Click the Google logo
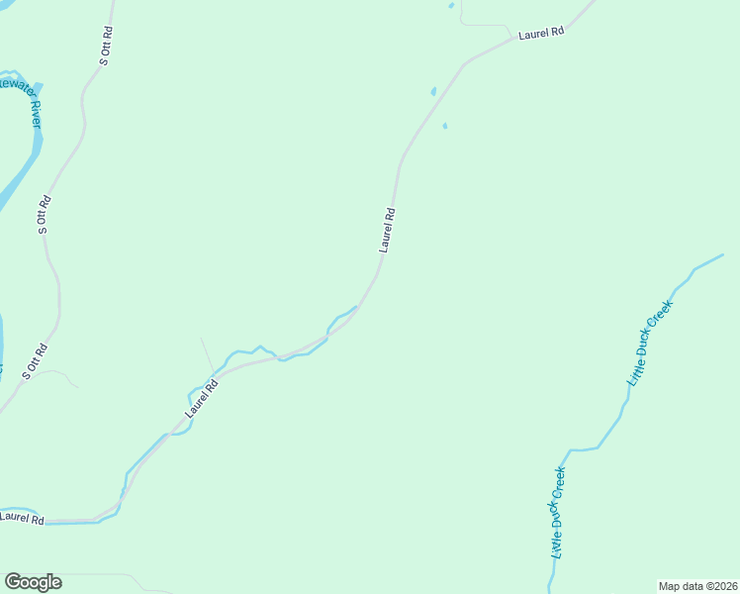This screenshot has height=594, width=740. click(33, 582)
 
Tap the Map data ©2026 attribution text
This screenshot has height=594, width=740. click(697, 586)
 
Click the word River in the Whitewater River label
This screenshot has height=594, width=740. click(36, 114)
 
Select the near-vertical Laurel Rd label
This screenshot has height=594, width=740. click(388, 230)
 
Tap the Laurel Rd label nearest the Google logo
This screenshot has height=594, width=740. click(22, 517)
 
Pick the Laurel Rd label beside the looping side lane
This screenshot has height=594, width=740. click(541, 33)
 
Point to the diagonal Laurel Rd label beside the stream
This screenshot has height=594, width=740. click(199, 397)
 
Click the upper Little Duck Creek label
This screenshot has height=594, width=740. click(650, 343)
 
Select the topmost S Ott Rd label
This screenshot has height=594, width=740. click(107, 46)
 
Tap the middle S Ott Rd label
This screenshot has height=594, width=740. click(43, 215)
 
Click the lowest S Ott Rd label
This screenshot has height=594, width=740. click(33, 362)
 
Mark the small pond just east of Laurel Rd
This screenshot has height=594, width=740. click(444, 126)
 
